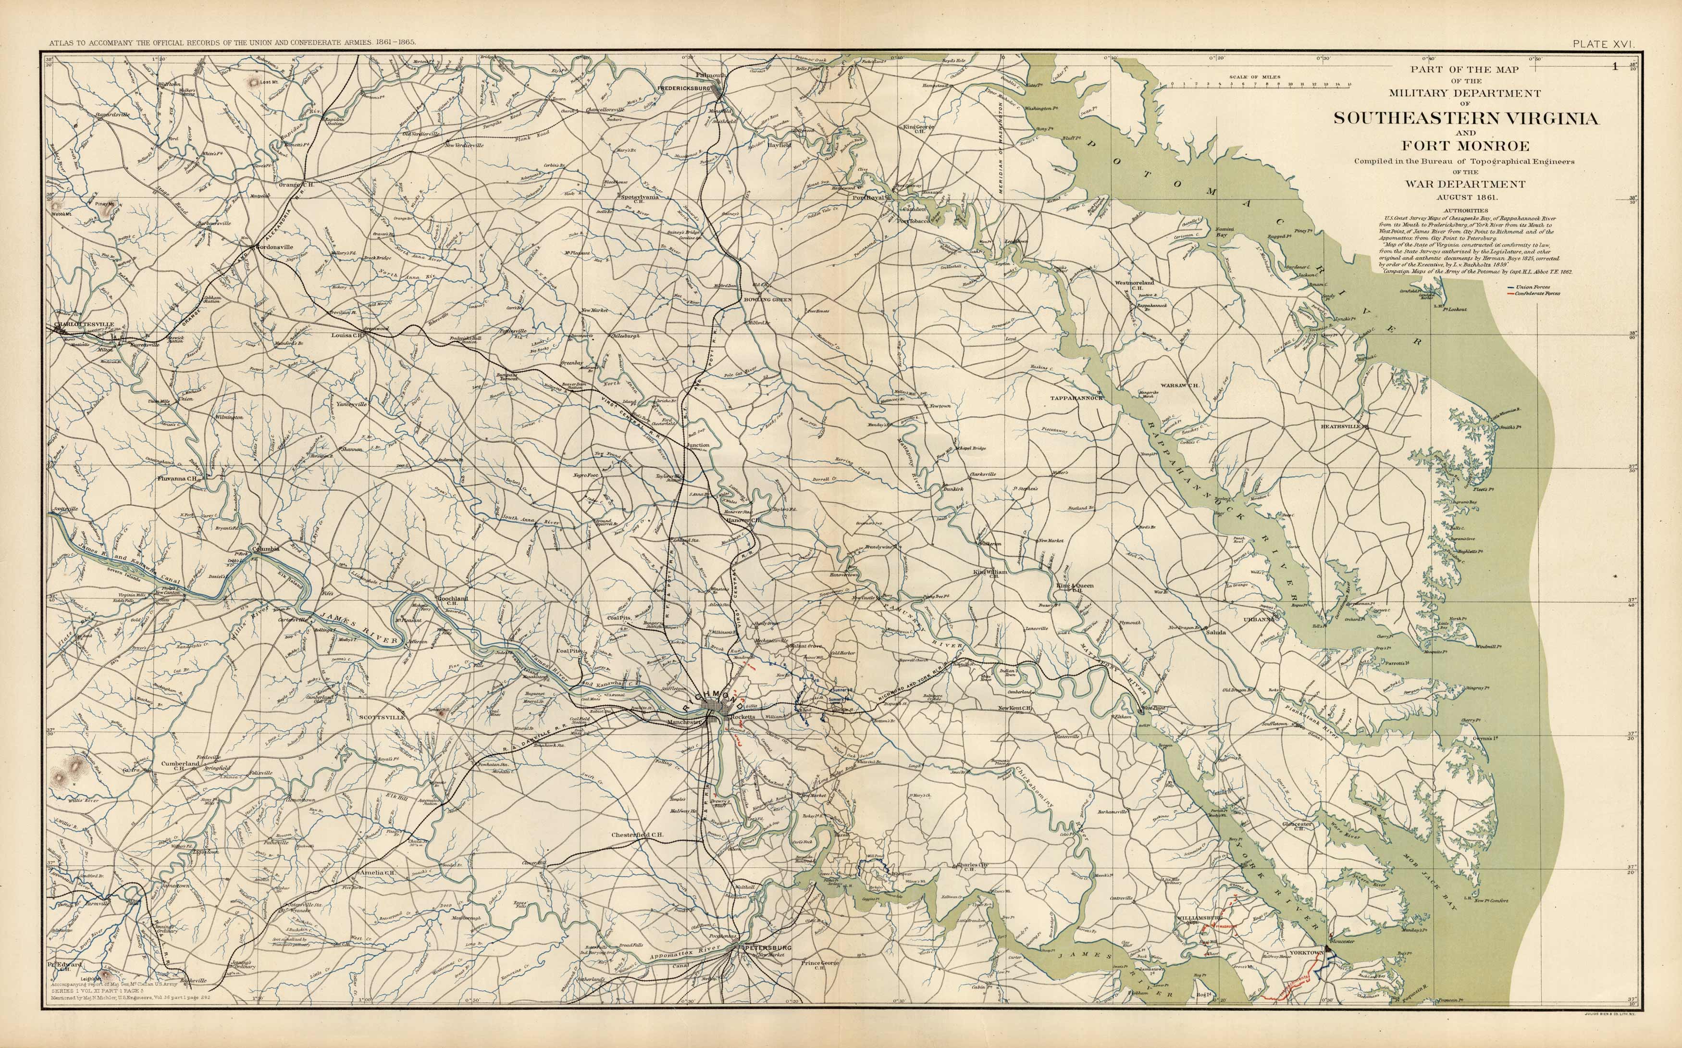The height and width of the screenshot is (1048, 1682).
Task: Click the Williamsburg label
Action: click(x=1198, y=917)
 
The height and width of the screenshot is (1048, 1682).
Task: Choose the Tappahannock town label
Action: click(x=1076, y=398)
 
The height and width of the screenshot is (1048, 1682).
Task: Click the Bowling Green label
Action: click(x=767, y=299)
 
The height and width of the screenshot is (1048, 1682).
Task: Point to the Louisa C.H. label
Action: click(x=348, y=335)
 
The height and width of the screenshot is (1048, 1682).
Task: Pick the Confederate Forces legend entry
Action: click(x=1534, y=294)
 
